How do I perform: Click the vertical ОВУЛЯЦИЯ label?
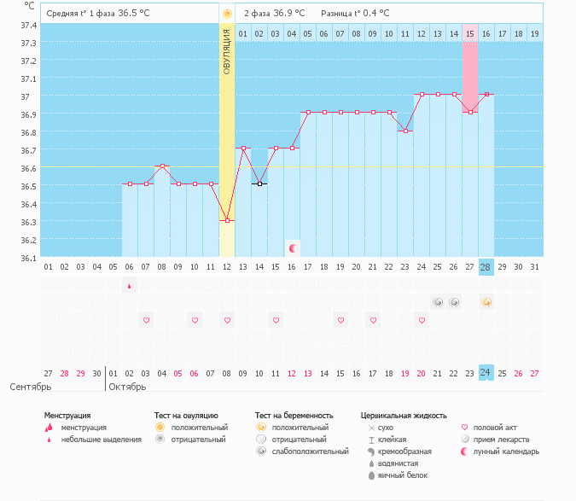click(x=227, y=51)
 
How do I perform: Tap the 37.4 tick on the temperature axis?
click(x=28, y=26)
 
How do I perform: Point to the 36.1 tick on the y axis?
click(x=28, y=258)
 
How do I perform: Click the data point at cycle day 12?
click(x=227, y=220)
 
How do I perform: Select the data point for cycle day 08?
click(x=162, y=166)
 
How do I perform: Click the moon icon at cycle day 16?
click(x=293, y=248)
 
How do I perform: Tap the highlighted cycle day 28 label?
click(x=486, y=267)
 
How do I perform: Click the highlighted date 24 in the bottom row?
click(x=486, y=373)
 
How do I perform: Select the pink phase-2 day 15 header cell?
click(x=470, y=33)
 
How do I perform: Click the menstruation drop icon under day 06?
click(x=130, y=286)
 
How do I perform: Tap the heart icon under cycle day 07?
click(x=146, y=320)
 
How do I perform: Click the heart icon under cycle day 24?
click(x=422, y=320)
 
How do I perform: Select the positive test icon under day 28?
click(x=486, y=302)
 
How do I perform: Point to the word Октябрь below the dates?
click(x=128, y=387)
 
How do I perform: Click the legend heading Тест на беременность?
click(x=295, y=416)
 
